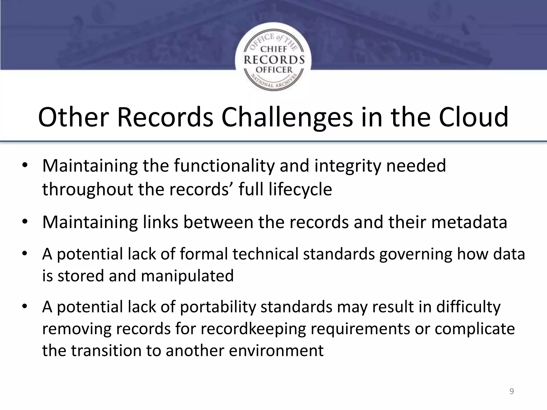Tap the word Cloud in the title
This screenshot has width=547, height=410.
(474, 117)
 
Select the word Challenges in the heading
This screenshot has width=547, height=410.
(287, 117)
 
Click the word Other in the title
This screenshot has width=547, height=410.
(72, 117)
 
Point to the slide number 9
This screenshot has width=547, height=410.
(511, 391)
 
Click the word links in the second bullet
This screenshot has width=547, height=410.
(160, 222)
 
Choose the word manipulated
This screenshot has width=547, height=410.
(187, 276)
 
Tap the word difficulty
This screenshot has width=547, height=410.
(468, 307)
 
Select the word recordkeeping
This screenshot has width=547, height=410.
(253, 329)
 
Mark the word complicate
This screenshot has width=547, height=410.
(475, 329)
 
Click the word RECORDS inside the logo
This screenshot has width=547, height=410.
(274, 60)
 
